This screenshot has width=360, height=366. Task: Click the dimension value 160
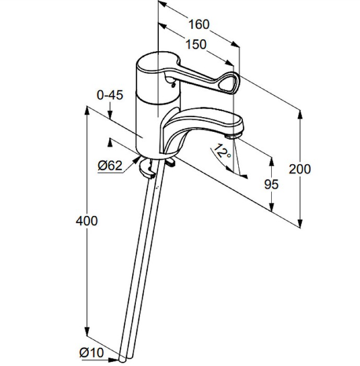(x=199, y=24)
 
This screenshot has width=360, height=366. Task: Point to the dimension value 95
(x=271, y=184)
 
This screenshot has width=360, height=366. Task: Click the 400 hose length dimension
(x=86, y=221)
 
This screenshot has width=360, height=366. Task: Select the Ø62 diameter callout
(x=110, y=166)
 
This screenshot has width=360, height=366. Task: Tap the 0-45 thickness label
(x=110, y=95)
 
